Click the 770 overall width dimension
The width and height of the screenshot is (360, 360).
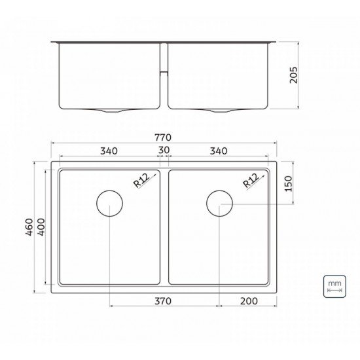[x=163, y=138]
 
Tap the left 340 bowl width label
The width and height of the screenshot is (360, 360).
[x=109, y=151]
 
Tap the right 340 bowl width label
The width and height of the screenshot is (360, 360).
[x=219, y=151]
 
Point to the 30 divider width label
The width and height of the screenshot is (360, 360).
[x=164, y=151]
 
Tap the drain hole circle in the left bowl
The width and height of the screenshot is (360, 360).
[x=109, y=204]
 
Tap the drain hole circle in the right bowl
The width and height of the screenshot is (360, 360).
[x=219, y=204]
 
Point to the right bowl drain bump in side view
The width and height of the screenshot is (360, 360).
[x=219, y=111]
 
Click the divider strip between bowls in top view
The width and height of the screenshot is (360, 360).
[x=164, y=227]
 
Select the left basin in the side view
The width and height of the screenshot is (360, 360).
[x=109, y=75]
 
